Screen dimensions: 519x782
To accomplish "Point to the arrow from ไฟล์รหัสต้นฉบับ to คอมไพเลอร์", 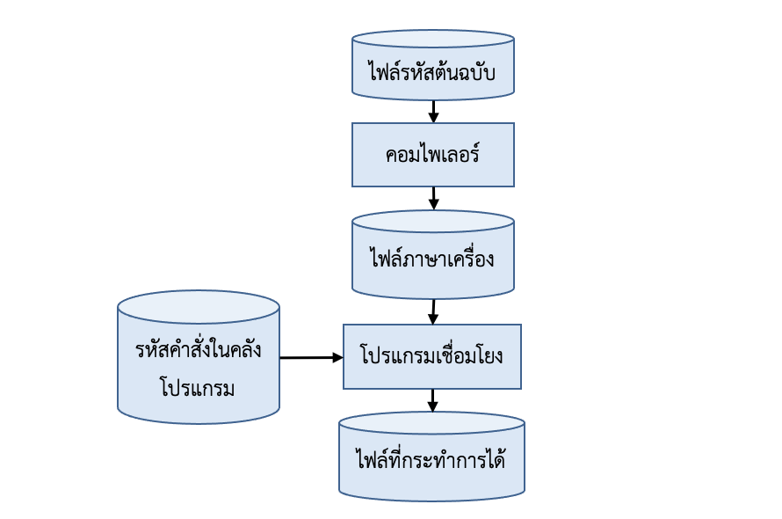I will coord(433,111).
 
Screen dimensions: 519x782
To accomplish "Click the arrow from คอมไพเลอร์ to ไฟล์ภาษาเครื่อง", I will coord(433,198).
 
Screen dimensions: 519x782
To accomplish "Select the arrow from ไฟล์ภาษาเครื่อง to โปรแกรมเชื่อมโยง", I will coord(433,311).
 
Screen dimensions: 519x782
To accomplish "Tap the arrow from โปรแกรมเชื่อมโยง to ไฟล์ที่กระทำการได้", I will coord(432,400).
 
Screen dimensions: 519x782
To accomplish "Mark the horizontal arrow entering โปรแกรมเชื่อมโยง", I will coord(310,358).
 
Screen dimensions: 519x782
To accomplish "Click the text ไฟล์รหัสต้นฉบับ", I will coord(432,71).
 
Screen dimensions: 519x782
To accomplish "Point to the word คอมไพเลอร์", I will coord(432,155).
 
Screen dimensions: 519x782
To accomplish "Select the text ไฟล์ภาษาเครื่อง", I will coord(432,259).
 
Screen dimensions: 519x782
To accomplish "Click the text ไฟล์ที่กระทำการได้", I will coord(431,459).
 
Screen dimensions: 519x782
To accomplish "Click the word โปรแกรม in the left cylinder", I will coord(198,387).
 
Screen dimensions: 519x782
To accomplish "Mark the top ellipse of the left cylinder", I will coord(199,307).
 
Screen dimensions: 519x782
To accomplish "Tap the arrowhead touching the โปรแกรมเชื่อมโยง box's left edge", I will coord(337,358).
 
